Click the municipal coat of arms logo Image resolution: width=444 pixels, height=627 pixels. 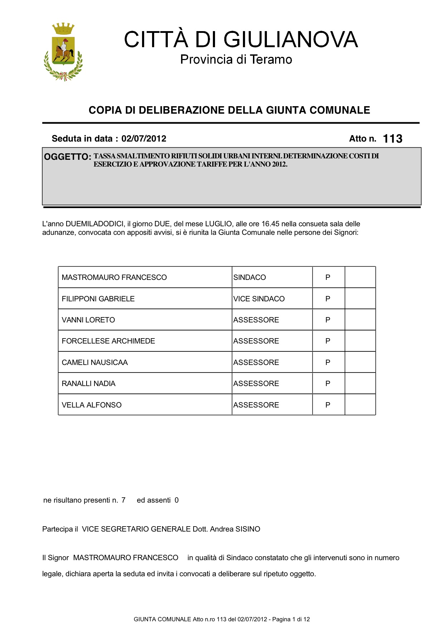(x=63, y=52)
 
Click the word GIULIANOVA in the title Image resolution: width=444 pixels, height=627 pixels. (x=291, y=39)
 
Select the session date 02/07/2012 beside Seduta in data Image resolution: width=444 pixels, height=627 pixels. (x=144, y=139)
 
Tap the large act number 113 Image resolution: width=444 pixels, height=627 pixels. (x=392, y=139)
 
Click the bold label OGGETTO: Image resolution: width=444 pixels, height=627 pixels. (x=68, y=157)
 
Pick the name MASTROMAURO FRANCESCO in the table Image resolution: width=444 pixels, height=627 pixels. (x=114, y=277)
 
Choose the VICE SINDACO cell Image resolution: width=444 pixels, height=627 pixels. (x=259, y=299)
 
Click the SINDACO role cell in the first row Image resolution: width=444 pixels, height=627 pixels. (x=249, y=277)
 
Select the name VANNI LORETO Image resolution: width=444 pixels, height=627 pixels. (x=88, y=320)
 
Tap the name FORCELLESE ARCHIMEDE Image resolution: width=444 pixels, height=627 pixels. (x=108, y=341)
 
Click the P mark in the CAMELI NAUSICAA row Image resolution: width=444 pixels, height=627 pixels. (x=328, y=362)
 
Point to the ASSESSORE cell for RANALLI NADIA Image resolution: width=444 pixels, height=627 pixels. (x=256, y=384)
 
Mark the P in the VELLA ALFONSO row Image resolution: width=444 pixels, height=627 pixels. (x=328, y=405)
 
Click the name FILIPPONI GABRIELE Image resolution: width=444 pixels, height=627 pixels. (x=98, y=299)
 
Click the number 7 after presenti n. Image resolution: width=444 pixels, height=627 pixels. (x=123, y=500)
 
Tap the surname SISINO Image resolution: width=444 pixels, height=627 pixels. (x=248, y=529)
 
